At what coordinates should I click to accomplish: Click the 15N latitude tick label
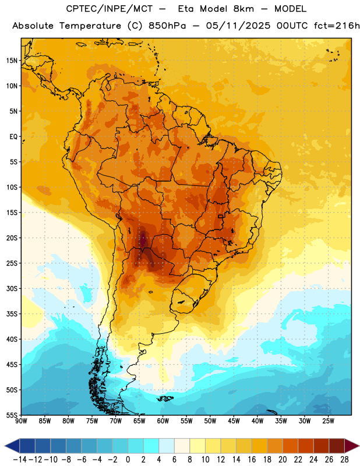[x=12, y=61]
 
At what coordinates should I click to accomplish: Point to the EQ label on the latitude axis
[x=13, y=137]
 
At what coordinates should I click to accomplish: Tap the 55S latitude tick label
[x=12, y=415]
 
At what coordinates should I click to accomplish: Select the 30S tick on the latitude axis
[x=12, y=288]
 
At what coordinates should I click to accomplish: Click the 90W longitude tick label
[x=21, y=421]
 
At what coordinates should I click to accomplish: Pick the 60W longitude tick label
[x=163, y=421]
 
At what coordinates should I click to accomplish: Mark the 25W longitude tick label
[x=328, y=421]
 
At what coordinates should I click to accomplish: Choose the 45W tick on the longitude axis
[x=234, y=421]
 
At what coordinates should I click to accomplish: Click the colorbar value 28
[x=344, y=460]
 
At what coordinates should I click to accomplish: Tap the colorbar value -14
[x=20, y=460]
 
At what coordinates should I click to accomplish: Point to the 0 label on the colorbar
[x=128, y=460]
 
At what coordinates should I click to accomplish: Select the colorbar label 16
[x=252, y=460]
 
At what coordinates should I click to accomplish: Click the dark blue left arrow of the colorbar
[x=12, y=446]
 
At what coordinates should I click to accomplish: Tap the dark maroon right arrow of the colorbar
[x=352, y=446]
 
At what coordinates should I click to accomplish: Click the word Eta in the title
[x=186, y=9]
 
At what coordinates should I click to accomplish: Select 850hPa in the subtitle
[x=167, y=26]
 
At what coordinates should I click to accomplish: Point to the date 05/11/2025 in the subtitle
[x=238, y=26]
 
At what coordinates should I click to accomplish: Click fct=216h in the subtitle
[x=337, y=26]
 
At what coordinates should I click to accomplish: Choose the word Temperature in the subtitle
[x=90, y=26]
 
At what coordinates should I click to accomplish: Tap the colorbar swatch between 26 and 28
[x=337, y=446]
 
